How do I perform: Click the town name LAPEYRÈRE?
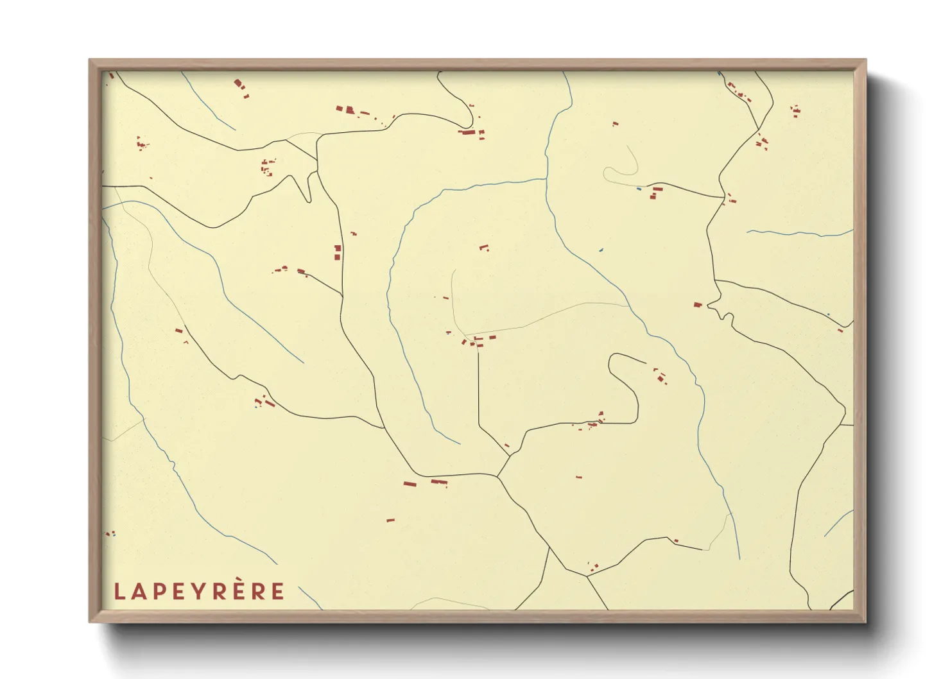click(199, 591)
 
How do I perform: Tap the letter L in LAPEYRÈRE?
click(119, 592)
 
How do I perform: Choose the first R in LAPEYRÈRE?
click(218, 592)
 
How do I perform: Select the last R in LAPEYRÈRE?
click(258, 592)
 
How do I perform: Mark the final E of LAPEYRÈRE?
click(278, 592)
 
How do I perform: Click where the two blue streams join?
click(546, 179)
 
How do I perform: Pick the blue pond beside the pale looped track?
click(639, 189)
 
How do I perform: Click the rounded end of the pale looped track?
click(605, 171)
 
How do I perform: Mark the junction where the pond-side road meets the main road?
click(724, 198)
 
